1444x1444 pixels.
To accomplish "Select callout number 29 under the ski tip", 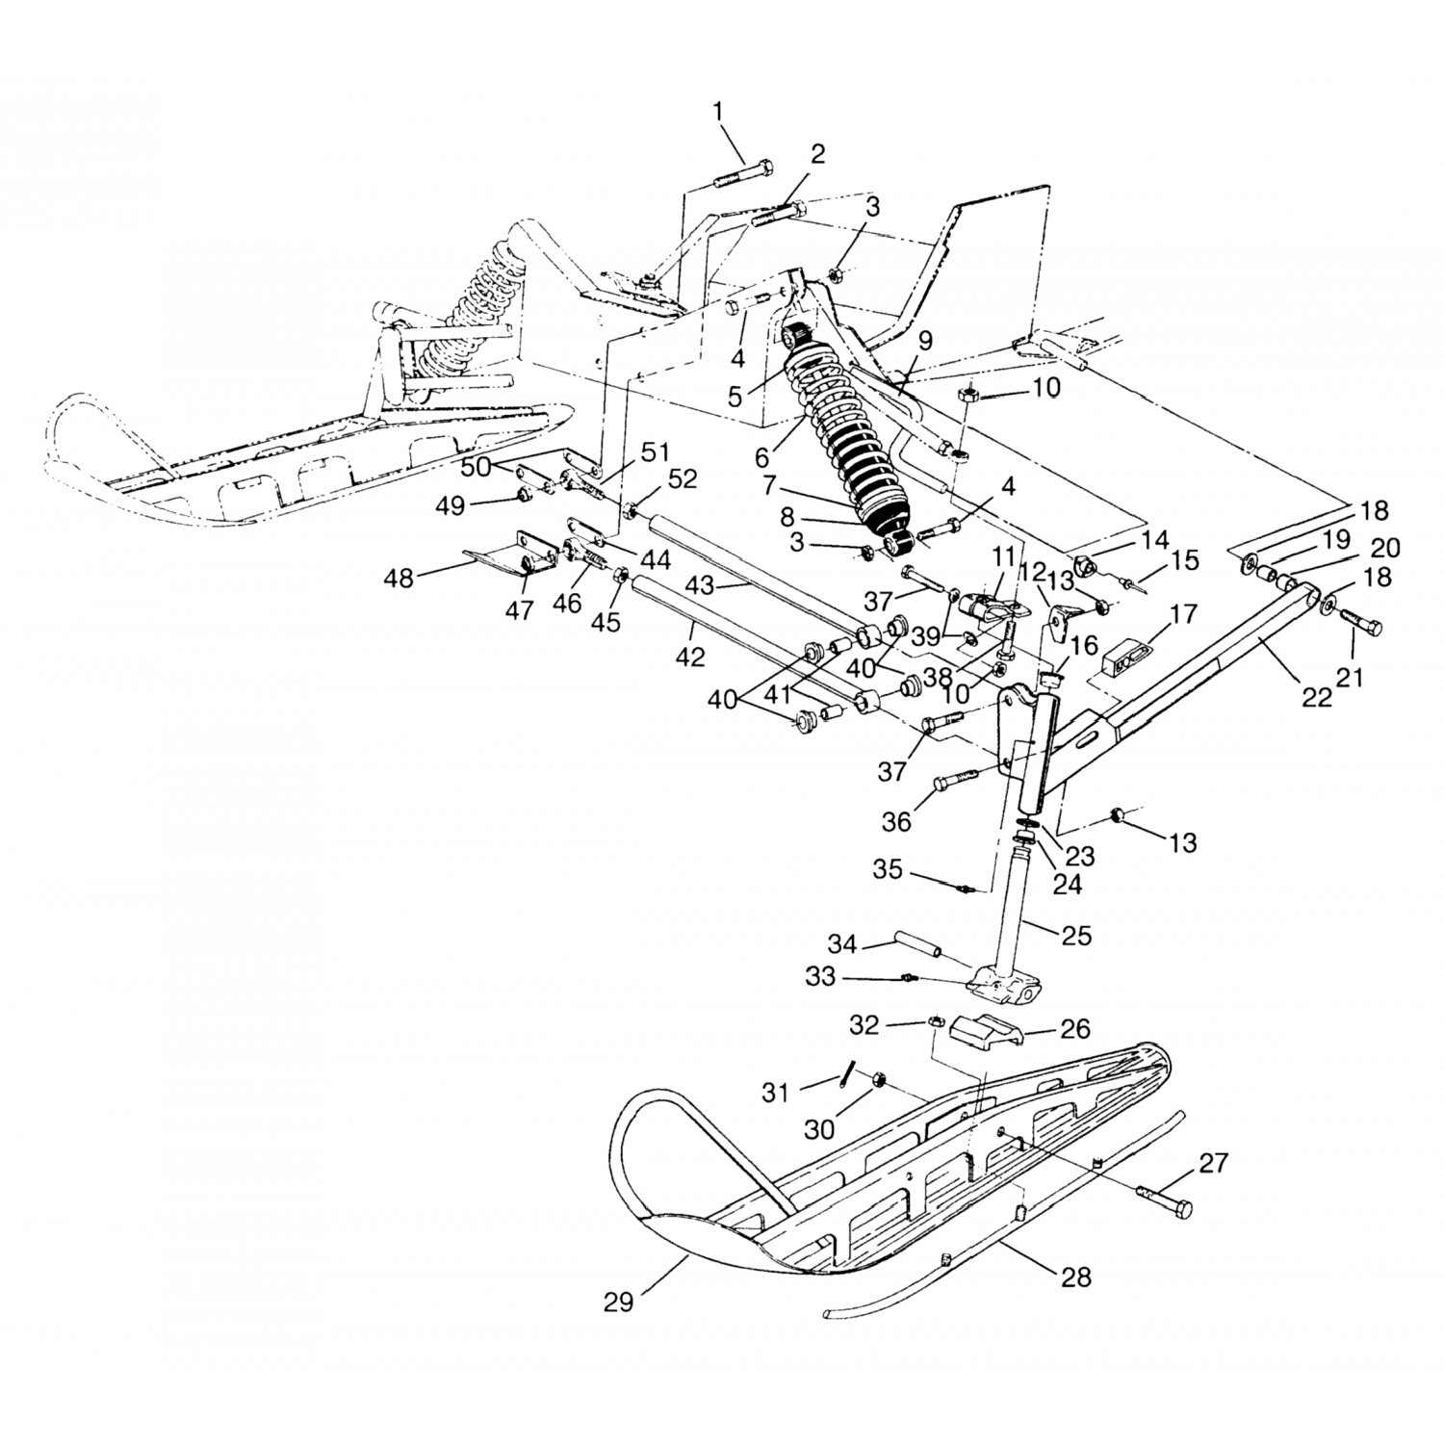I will point(619,1302).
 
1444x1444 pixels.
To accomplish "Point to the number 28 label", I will point(1077,1277).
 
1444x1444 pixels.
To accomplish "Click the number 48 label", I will point(399,579).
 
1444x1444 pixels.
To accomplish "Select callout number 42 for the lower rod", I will point(690,658).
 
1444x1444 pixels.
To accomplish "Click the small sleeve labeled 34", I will point(919,944).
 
